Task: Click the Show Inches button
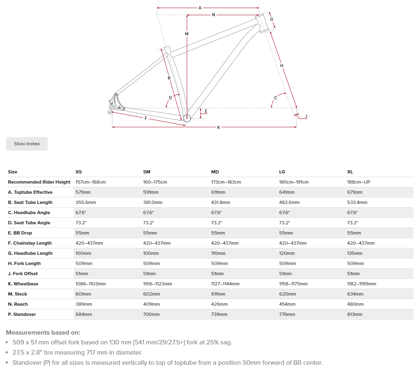pos(27,144)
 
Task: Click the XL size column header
pos(350,172)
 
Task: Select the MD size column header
pos(215,172)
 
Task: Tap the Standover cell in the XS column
pos(83,314)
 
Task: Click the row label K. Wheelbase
pos(23,284)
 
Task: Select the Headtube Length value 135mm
pos(355,253)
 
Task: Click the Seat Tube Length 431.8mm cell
pos(220,202)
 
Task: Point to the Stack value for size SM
pos(151,294)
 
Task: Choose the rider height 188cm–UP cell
pos(358,182)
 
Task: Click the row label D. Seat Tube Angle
pos(29,223)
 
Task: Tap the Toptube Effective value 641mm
pos(287,192)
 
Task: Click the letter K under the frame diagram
pos(218,127)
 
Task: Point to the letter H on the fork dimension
pos(281,66)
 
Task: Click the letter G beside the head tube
pos(271,20)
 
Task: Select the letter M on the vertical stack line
pos(187,34)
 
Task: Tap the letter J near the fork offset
pos(306,116)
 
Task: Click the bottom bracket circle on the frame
pos(187,118)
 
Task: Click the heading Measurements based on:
pos(43,333)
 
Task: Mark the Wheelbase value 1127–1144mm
pos(225,284)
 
